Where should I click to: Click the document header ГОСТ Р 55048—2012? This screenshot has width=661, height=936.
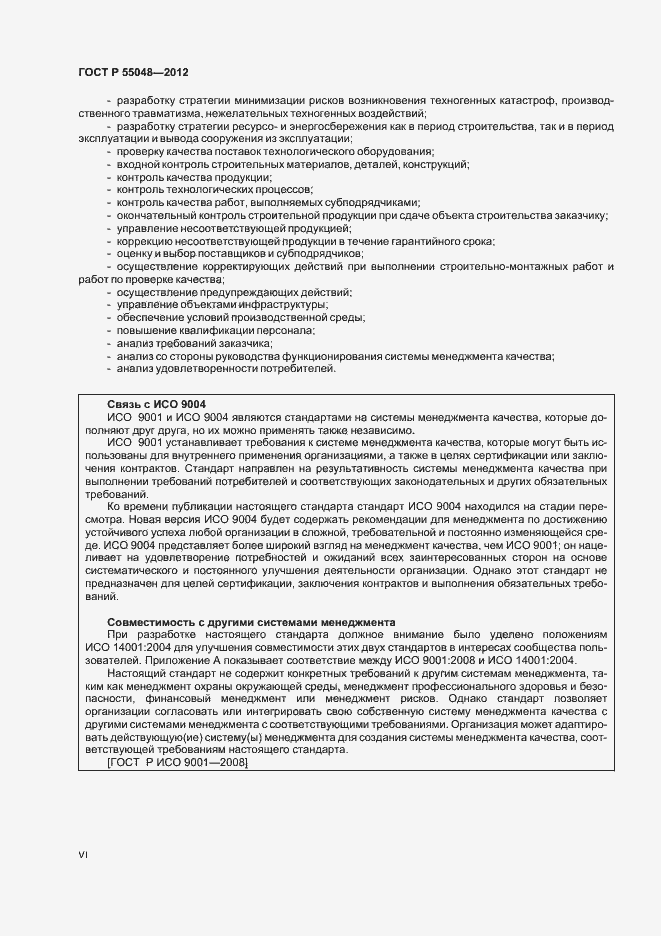[x=132, y=73]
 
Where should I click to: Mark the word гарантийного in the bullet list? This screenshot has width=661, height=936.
[x=419, y=241]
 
